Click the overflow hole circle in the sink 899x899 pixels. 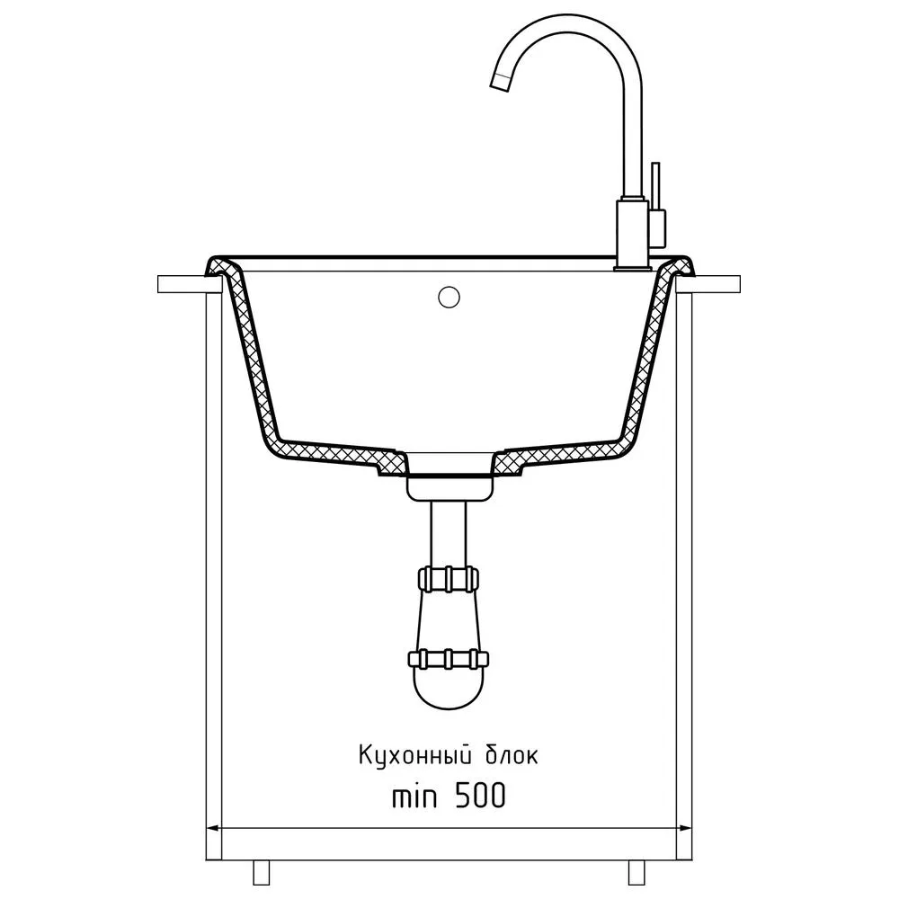[x=449, y=297]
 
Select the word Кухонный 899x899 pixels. [x=411, y=755]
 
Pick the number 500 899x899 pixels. [x=480, y=796]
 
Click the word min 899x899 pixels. [x=414, y=797]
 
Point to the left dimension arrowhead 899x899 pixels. [x=213, y=828]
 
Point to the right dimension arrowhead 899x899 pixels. [x=684, y=828]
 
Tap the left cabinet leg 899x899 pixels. [x=262, y=872]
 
